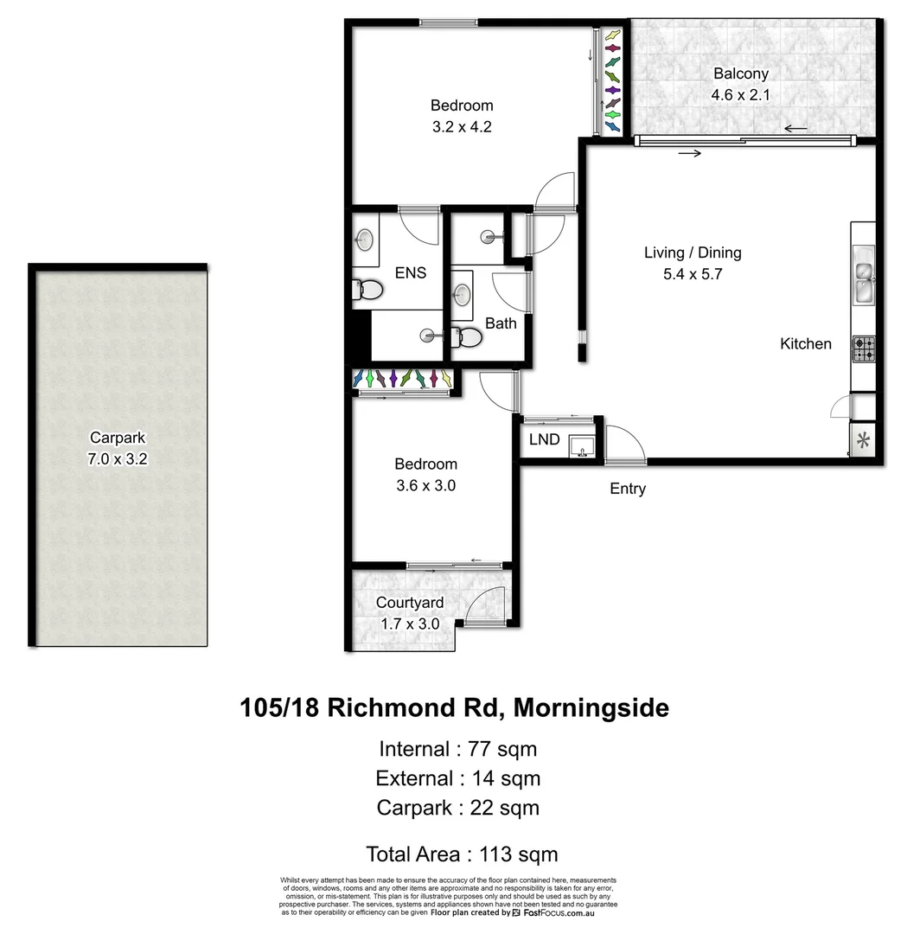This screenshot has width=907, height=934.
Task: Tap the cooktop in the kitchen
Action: [x=864, y=349]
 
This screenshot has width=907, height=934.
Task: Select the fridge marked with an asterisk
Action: [x=863, y=440]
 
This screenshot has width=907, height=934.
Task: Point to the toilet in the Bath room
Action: [x=468, y=336]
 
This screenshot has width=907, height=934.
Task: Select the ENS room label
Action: [x=410, y=273]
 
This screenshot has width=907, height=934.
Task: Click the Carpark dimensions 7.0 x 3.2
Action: [x=118, y=459]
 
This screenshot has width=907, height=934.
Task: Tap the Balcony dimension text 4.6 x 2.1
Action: [x=740, y=94]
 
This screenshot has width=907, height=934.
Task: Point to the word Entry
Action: [x=628, y=489]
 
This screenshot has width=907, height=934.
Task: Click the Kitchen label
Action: [x=806, y=343]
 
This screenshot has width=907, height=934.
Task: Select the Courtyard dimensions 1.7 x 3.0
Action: [x=411, y=623]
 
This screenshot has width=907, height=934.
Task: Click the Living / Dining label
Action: [x=693, y=253]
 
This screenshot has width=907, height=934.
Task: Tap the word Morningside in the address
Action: [x=591, y=708]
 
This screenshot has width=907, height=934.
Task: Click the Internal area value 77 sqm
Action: [x=503, y=749]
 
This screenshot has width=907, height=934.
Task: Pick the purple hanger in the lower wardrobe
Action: [x=393, y=379]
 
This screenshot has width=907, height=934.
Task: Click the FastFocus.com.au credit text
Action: [x=565, y=912]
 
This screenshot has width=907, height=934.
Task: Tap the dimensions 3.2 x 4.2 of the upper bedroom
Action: [x=462, y=126]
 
